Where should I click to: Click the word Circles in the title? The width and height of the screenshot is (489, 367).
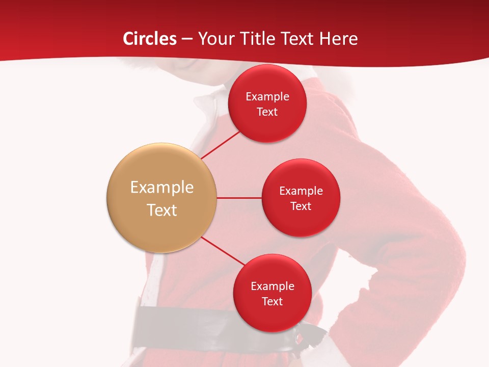coord(150,39)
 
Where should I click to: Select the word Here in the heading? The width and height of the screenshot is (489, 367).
coord(338,39)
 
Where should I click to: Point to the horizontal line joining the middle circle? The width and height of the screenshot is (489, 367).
coord(239,198)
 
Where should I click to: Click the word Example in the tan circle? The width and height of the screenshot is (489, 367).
coord(162,188)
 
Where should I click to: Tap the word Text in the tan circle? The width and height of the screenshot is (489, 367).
coord(162,210)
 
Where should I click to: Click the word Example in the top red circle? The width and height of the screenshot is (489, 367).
coord(267,96)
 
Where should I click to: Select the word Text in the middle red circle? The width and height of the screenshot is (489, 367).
coord(301,206)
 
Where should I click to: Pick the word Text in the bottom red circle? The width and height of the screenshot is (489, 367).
coord(272,301)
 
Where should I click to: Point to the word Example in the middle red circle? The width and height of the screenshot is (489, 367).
coord(301,191)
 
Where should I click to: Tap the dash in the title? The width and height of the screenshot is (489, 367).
coord(187,39)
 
